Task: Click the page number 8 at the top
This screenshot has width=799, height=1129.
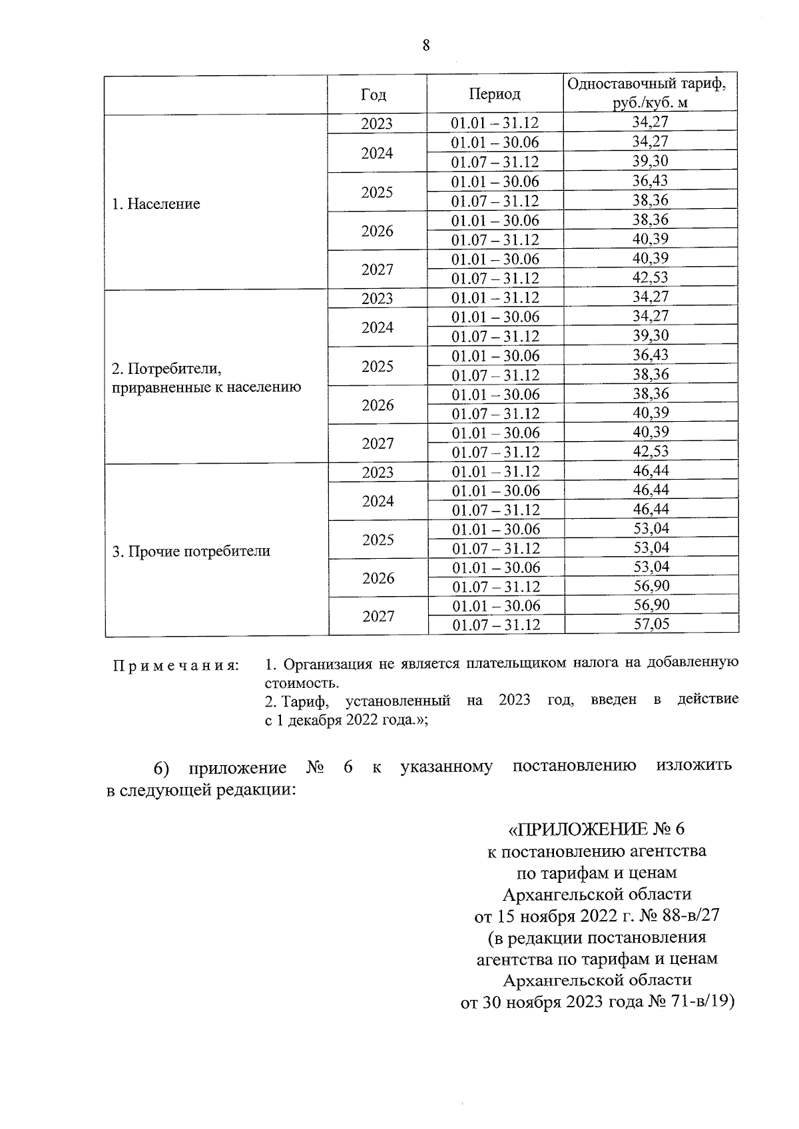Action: point(426,45)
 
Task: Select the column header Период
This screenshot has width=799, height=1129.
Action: point(494,94)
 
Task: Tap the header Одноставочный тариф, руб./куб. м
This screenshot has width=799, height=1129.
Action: point(650,93)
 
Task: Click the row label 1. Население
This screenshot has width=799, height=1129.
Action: point(156,204)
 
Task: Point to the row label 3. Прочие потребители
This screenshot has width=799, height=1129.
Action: point(192,552)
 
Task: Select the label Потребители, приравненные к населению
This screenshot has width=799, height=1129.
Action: point(206,378)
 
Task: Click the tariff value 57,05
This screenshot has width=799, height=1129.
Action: point(651,624)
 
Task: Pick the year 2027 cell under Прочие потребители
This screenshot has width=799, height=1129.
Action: point(378,616)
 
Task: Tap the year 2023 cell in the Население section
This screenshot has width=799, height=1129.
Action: point(377,124)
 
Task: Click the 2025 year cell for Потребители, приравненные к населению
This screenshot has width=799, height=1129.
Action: point(377,367)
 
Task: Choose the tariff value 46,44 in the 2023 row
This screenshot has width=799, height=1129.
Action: point(651,471)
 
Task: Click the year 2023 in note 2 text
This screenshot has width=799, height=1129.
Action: point(514,700)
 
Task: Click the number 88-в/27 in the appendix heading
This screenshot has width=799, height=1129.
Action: point(688,915)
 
